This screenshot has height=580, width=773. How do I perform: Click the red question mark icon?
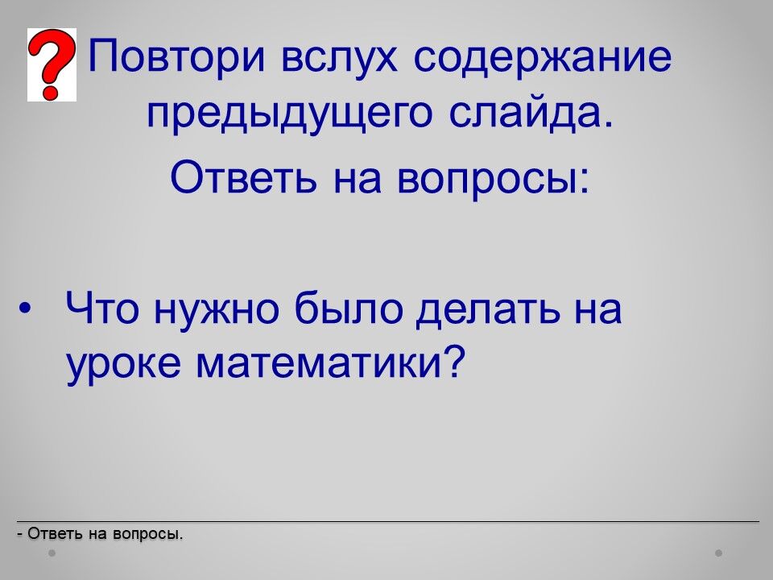point(52,64)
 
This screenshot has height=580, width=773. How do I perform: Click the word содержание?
point(542,58)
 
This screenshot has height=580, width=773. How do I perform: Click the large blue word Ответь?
point(243,176)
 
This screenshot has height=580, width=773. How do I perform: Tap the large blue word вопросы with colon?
point(493,180)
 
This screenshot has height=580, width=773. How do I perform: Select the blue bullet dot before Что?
point(25,309)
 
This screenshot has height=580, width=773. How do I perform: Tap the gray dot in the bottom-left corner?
point(52,553)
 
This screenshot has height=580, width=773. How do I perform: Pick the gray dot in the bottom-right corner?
point(719,553)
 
